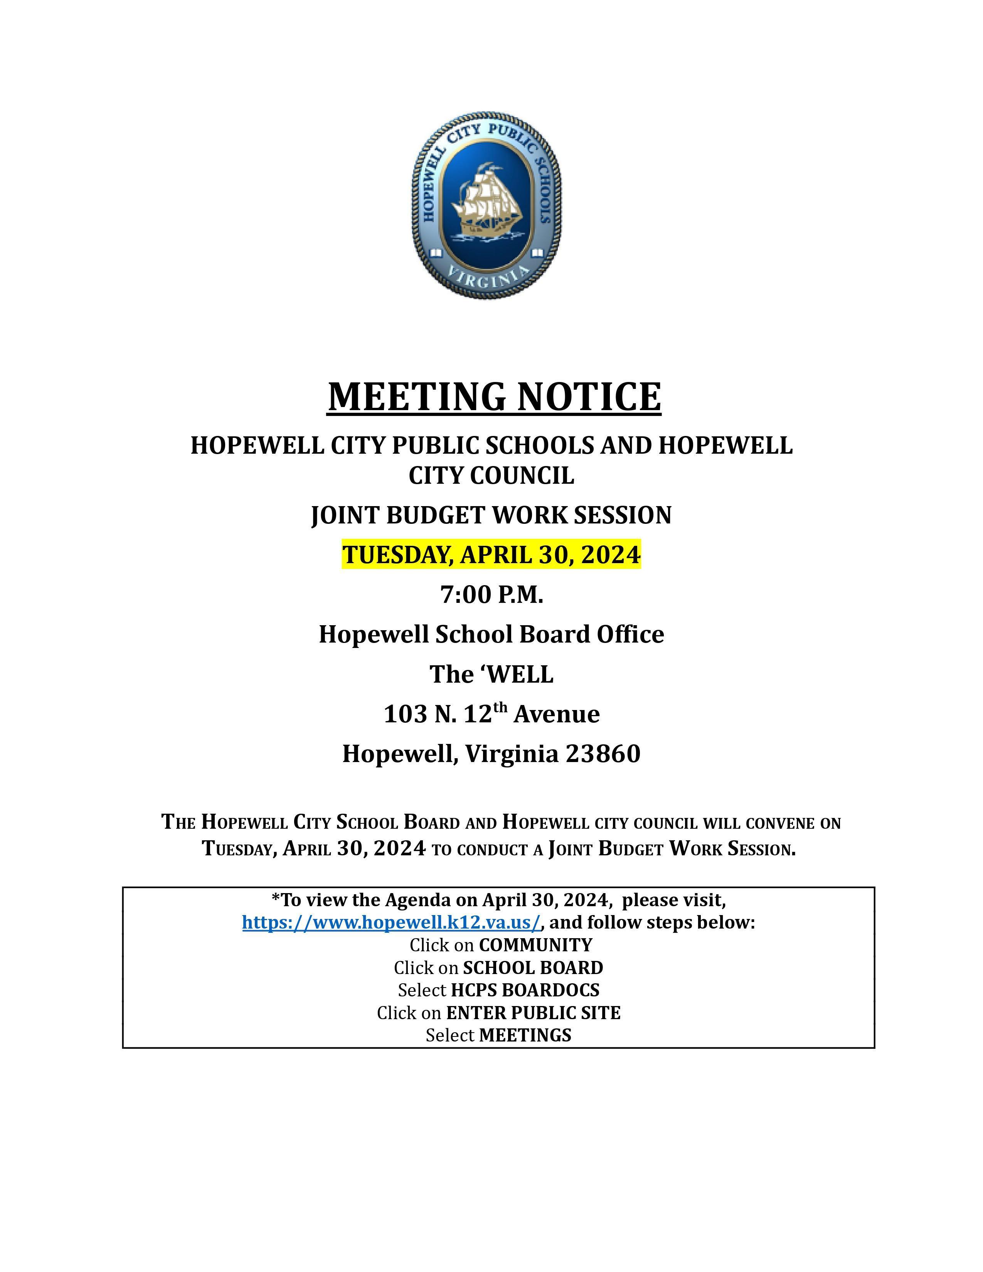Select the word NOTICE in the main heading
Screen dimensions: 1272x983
[589, 397]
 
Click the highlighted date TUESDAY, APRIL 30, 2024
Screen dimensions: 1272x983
[491, 554]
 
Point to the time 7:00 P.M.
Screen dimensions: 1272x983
[491, 595]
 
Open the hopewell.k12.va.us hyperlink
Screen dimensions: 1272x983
[391, 922]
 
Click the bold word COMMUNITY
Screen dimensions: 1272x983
[535, 945]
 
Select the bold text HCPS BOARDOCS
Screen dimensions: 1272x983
[525, 990]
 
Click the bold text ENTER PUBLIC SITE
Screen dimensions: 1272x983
[533, 1013]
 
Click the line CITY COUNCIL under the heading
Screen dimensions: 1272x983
[491, 475]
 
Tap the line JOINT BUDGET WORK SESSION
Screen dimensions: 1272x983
[491, 515]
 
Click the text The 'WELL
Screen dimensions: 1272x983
[491, 675]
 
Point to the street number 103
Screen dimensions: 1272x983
[405, 714]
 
